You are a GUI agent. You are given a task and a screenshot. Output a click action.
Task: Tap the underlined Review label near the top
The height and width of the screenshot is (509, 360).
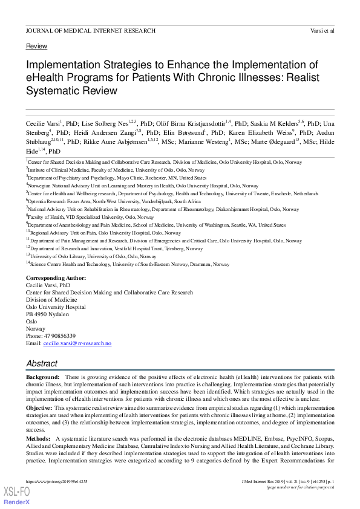tap(36, 47)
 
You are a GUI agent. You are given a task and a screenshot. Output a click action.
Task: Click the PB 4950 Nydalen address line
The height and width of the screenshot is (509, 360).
tap(47, 314)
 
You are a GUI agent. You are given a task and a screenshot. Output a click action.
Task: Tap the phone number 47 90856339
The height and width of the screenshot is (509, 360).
tap(59, 336)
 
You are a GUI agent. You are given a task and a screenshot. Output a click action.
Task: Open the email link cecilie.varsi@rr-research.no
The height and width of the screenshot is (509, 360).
tap(77, 343)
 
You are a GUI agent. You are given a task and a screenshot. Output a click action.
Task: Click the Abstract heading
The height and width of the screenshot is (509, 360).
tap(42, 364)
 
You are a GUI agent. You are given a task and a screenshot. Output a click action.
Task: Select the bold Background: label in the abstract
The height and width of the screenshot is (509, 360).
tap(42, 377)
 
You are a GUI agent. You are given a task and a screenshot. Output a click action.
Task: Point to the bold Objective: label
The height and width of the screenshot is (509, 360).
tap(39, 409)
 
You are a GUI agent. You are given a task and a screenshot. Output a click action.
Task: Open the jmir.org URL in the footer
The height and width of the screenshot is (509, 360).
tap(54, 481)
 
